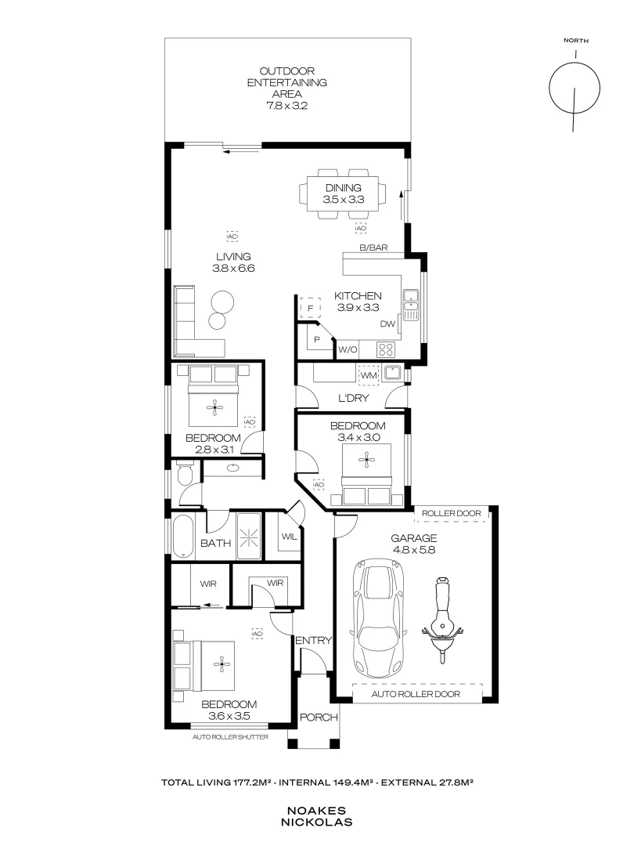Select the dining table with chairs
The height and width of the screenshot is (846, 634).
point(343,194)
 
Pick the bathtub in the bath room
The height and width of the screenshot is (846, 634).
point(182,537)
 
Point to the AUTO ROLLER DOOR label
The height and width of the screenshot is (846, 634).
point(416,694)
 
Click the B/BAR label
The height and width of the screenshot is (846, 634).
point(373,248)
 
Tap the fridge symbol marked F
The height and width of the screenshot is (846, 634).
point(310,308)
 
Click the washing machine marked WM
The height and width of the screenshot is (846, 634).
point(369,374)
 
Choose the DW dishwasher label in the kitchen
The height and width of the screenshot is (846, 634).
point(387,324)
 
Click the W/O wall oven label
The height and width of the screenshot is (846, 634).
point(348,349)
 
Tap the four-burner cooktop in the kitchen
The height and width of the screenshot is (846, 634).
point(386,349)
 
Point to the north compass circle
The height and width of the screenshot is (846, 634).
point(575,87)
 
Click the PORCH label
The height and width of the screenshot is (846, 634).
point(319,717)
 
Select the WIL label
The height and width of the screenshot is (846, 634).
point(289,537)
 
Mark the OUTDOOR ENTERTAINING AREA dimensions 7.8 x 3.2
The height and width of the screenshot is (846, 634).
point(286,106)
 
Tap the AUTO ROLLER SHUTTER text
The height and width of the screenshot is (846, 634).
point(230,737)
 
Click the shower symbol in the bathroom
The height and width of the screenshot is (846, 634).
point(249,537)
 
